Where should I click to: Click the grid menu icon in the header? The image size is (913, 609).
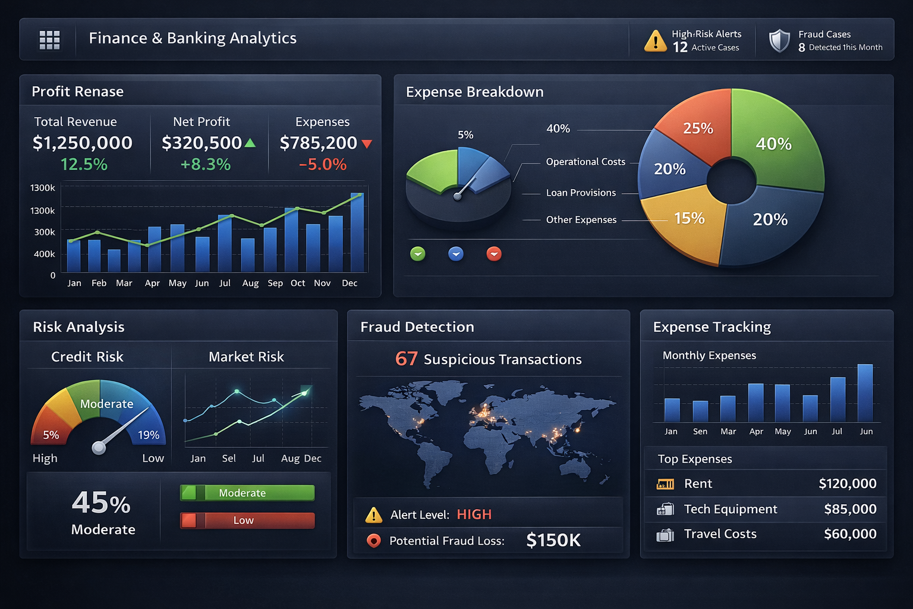click(49, 39)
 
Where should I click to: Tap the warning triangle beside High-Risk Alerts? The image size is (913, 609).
click(655, 40)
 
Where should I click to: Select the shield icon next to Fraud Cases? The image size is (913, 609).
click(779, 40)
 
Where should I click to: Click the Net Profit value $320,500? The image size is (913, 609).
click(202, 143)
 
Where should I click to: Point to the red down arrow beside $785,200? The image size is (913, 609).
click(367, 144)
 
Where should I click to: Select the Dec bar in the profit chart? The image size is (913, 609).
click(357, 232)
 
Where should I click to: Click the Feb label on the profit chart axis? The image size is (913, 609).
click(99, 283)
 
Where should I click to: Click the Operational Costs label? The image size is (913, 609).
click(585, 162)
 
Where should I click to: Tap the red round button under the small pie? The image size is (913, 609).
click(494, 254)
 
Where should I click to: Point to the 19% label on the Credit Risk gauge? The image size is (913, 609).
click(149, 435)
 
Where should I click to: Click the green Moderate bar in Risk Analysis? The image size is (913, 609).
click(247, 492)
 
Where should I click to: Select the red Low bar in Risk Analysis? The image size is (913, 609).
click(247, 520)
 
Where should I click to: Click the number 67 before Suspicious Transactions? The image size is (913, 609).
click(407, 359)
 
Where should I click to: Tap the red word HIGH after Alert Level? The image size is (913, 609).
click(474, 514)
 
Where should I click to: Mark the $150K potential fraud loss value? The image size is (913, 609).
click(553, 540)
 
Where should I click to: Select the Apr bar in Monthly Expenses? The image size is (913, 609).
click(755, 403)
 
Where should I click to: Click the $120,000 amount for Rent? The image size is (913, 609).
click(847, 484)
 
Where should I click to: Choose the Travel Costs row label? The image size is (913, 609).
click(720, 534)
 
